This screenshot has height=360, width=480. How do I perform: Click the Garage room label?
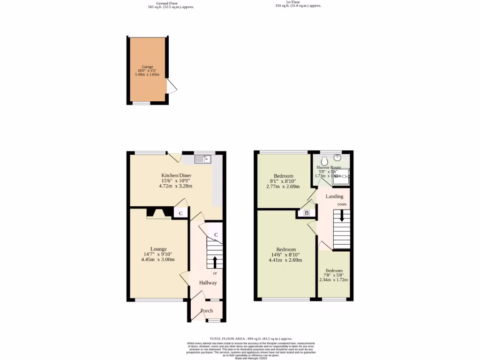tap(148, 67)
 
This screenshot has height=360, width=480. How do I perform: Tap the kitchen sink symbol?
tap(203, 159)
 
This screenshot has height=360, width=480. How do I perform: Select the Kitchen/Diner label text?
tap(176, 175)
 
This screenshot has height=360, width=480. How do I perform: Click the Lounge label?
tap(158, 249)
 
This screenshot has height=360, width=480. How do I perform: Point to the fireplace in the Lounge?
tap(159, 214)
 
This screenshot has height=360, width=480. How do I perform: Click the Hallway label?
tap(208, 283)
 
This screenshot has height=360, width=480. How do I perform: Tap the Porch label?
tap(207, 310)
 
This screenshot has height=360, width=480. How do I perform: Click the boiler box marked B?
tap(307, 213)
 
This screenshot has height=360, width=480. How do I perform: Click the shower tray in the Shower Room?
tap(341, 177)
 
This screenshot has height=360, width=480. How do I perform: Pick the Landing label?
tap(335, 196)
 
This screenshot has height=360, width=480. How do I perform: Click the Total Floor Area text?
tap(251, 338)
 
